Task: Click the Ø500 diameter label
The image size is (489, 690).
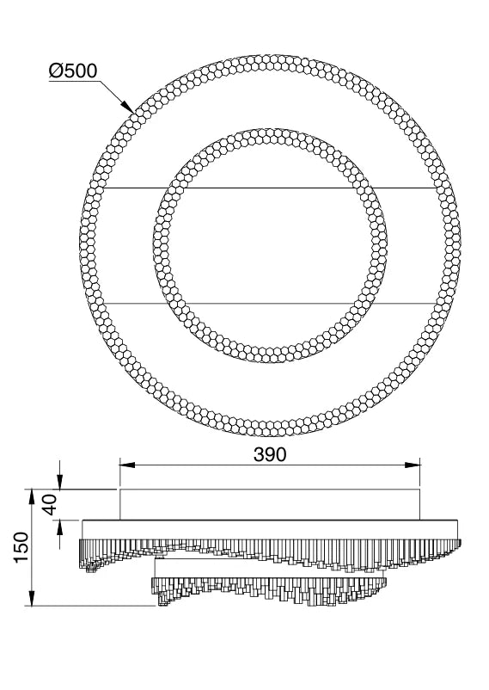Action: [72, 71]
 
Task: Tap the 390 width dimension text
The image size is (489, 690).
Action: [270, 454]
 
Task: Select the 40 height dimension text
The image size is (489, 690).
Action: [51, 504]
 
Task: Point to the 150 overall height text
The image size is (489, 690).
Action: [21, 547]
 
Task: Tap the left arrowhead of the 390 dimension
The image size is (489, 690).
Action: [127, 465]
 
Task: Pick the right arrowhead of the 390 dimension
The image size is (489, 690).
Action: [413, 465]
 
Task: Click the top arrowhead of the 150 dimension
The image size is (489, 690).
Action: [32, 496]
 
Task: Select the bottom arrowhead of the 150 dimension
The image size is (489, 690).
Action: [32, 599]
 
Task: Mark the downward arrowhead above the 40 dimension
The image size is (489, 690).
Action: [60, 482]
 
